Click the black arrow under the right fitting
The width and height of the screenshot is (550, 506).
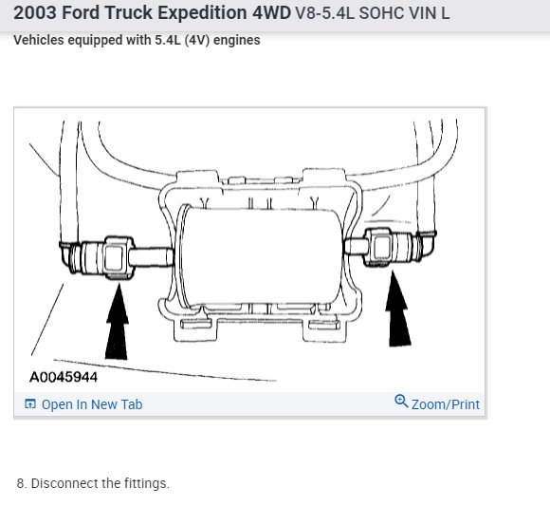coord(397,309)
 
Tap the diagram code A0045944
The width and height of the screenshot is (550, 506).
coord(64,377)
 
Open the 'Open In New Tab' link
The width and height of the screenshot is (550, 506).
coord(92,404)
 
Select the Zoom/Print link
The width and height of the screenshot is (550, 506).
coord(445,404)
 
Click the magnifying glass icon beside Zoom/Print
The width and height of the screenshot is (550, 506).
coord(401,401)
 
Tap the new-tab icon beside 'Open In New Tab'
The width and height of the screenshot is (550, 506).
coord(30,404)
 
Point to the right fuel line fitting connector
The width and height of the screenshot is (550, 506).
coord(391,247)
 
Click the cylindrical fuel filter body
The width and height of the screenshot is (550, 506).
coord(262,257)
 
